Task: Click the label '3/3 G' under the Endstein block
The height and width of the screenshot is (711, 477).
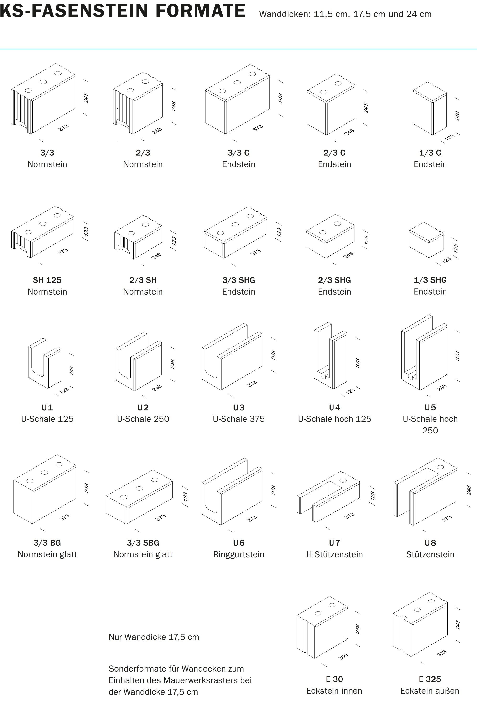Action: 238,153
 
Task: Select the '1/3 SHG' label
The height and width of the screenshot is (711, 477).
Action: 430,280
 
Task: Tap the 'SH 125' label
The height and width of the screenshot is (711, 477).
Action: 47,280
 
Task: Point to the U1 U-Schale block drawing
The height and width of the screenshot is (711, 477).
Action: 45,363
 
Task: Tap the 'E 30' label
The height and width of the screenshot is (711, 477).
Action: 334,679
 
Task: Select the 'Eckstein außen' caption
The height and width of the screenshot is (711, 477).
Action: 430,691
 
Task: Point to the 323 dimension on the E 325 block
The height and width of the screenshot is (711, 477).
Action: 442,653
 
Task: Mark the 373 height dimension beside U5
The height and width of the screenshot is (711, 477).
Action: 457,356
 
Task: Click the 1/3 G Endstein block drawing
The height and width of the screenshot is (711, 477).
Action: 430,112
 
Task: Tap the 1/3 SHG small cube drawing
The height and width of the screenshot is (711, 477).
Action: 426,240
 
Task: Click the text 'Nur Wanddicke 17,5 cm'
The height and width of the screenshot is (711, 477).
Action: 154,637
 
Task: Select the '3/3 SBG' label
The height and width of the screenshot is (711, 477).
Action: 143,543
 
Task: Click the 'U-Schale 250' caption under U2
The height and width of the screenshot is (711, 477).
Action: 143,419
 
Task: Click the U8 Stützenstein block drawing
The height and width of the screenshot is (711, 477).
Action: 425,492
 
